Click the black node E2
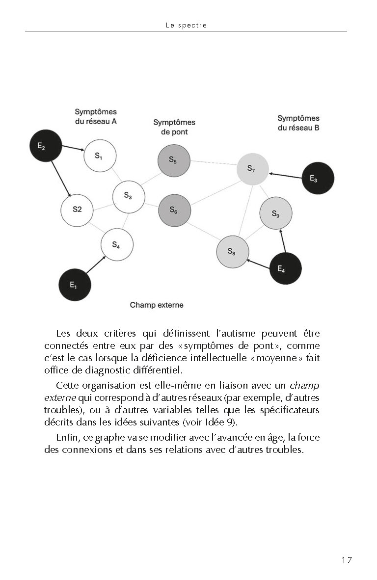(45, 146)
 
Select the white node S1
(100, 156)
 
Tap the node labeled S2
(77, 209)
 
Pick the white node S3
(129, 196)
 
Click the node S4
(117, 244)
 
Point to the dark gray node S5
(174, 160)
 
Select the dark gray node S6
(174, 210)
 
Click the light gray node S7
(252, 169)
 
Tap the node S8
(232, 252)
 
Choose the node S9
(276, 213)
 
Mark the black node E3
(318, 179)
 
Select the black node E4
(285, 268)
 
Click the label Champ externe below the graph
(157, 305)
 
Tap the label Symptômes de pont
(174, 127)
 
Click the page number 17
(347, 560)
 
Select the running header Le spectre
(186, 26)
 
